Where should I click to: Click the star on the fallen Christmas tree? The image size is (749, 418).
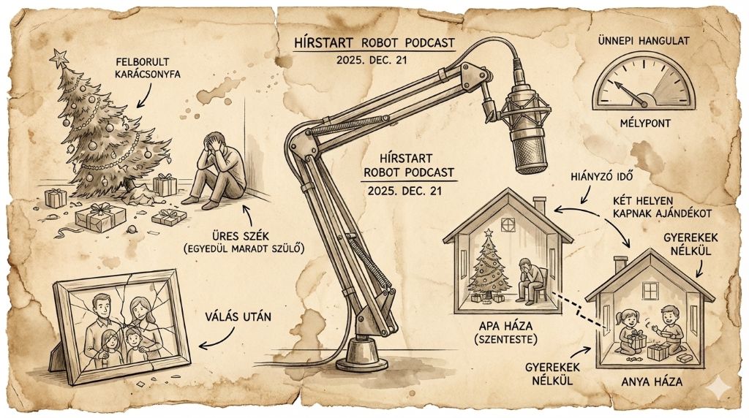(x=59, y=58)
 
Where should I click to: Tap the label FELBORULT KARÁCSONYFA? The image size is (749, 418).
(x=148, y=68)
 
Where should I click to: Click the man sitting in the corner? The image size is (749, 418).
(x=217, y=169)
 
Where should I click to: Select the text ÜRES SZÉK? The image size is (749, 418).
(x=240, y=236)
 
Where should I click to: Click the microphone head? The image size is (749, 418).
(x=525, y=128)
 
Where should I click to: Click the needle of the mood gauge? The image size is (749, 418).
(x=630, y=93)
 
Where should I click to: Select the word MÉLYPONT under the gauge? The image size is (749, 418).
(x=645, y=123)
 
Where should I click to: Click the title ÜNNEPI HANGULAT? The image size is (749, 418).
(x=644, y=41)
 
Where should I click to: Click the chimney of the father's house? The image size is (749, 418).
(x=540, y=205)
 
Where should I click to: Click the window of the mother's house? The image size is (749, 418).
(x=651, y=291)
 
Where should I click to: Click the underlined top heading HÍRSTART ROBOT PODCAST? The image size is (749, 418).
(x=374, y=43)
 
